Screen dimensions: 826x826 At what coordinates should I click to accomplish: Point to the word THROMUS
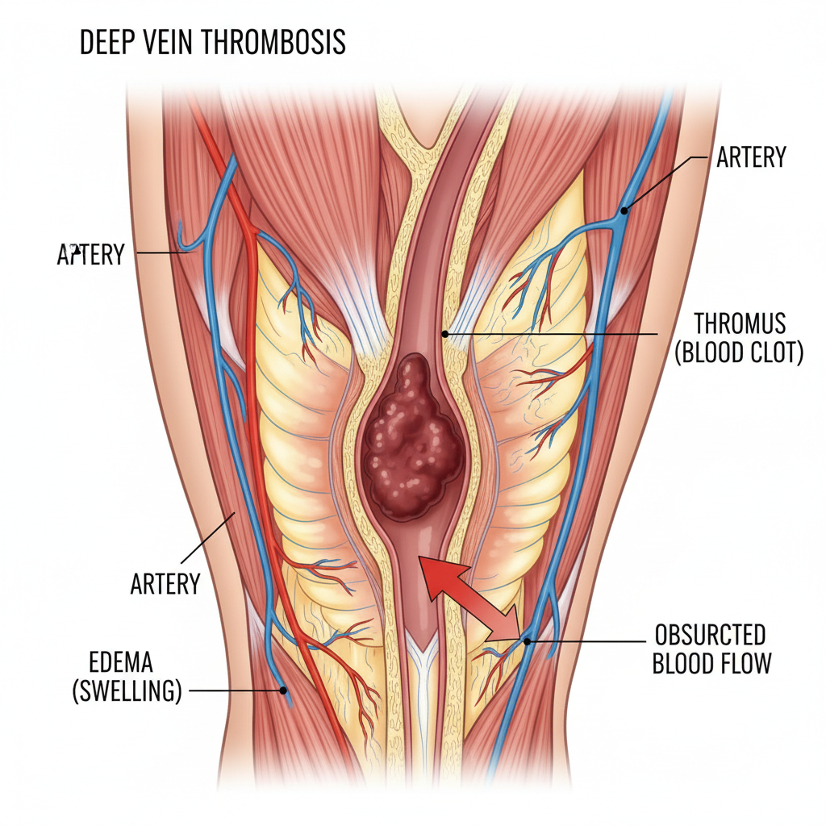(x=740, y=324)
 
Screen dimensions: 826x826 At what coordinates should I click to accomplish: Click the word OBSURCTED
(x=710, y=633)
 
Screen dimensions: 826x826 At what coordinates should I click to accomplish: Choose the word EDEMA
(x=122, y=662)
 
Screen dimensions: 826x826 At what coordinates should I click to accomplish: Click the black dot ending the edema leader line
(x=283, y=690)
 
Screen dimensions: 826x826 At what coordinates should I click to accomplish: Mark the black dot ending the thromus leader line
(x=444, y=333)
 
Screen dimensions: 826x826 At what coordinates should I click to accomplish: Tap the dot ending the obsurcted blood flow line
(x=528, y=642)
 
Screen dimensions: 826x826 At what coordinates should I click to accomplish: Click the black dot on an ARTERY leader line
(x=624, y=211)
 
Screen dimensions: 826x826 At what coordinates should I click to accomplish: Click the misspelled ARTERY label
(x=90, y=255)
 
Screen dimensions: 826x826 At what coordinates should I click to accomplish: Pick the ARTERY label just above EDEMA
(x=165, y=583)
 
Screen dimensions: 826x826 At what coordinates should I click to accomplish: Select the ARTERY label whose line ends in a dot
(x=750, y=158)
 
